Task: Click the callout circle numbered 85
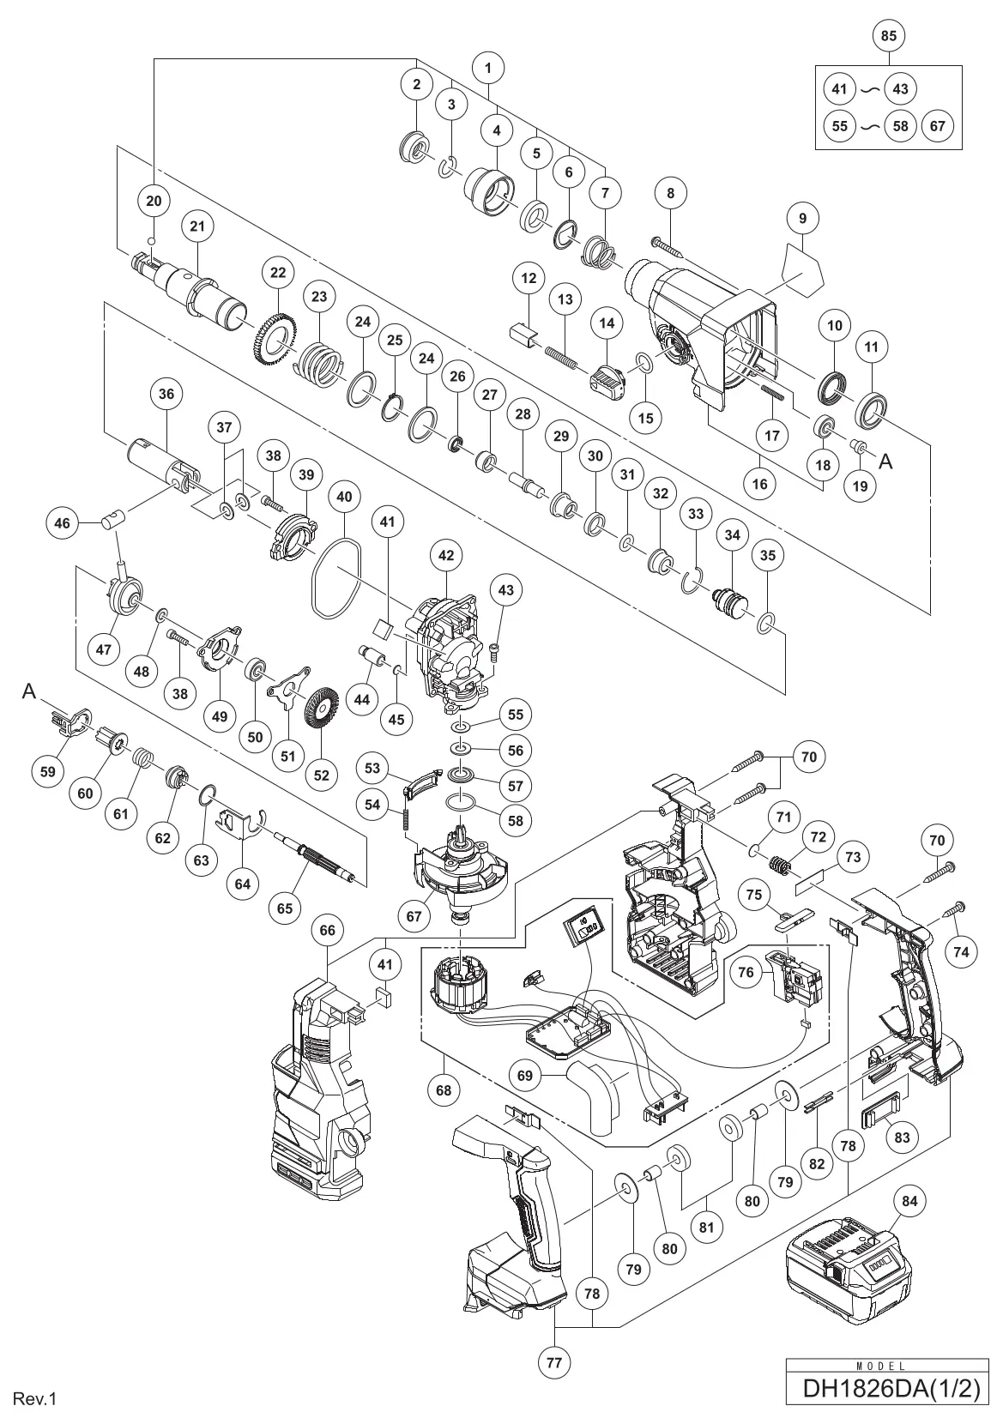tap(888, 37)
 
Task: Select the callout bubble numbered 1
tap(488, 67)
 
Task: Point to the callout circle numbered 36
tap(166, 394)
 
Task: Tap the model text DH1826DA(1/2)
tap(890, 1387)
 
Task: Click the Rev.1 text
tap(34, 1399)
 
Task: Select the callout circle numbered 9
tap(802, 219)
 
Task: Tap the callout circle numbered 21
tap(198, 226)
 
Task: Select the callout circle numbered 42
tap(446, 555)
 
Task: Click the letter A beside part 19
tap(886, 462)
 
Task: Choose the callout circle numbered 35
tap(768, 555)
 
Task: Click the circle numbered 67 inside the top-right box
tap(937, 126)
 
